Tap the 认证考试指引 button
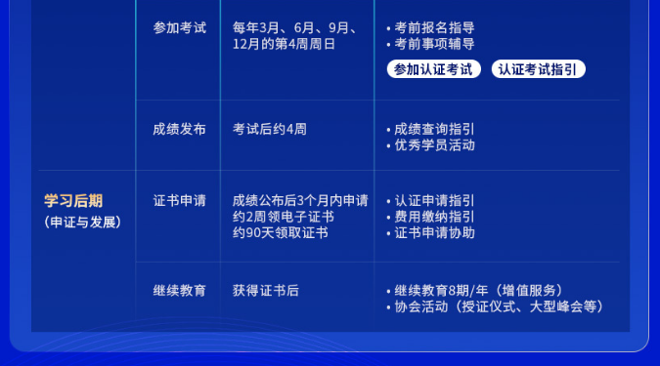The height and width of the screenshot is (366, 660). point(539,69)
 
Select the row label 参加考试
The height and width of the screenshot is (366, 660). point(179,27)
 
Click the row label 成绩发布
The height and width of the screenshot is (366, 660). point(179,129)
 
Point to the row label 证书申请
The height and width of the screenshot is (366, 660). point(179,201)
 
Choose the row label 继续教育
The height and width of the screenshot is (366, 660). point(179,290)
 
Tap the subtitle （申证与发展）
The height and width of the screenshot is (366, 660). point(82,222)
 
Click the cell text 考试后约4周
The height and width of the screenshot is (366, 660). point(270,129)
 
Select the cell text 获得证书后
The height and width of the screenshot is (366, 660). point(266,290)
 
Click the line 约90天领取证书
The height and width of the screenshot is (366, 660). point(281,233)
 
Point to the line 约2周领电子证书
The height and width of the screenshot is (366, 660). point(284,217)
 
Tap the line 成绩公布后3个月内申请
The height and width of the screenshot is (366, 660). point(300,201)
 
